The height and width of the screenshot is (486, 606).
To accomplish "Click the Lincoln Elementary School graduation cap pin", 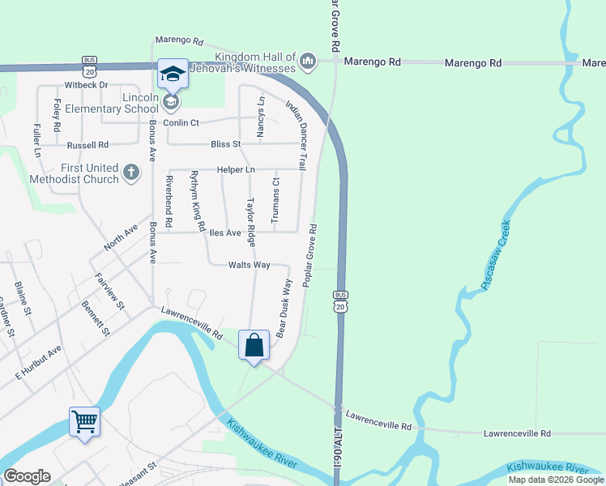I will click(x=172, y=75).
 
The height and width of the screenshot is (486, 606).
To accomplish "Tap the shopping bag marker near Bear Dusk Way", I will click(x=254, y=345).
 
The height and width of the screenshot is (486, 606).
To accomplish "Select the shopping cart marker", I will click(x=84, y=421).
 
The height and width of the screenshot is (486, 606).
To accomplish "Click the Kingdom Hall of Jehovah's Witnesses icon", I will click(x=308, y=62).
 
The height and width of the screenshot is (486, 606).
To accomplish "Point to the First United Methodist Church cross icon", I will click(x=131, y=173).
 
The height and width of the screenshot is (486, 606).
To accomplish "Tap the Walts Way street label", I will click(x=249, y=265).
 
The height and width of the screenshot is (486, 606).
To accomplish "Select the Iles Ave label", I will click(x=225, y=233).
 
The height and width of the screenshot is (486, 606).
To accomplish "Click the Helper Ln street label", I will click(x=236, y=169).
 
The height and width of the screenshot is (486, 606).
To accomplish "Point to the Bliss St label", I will click(x=226, y=144).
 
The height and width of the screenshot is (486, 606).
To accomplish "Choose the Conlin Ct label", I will click(x=181, y=122).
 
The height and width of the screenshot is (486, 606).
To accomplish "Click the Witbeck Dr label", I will click(x=87, y=85).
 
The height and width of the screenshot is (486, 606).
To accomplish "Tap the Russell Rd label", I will click(x=87, y=146).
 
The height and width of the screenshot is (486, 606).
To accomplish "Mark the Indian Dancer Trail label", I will click(x=296, y=135).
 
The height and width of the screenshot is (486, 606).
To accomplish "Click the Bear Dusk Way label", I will click(x=284, y=309).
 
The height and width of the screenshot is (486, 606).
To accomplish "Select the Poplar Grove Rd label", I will click(x=309, y=255).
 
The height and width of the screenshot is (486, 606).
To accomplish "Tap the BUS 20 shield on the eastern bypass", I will click(x=340, y=300).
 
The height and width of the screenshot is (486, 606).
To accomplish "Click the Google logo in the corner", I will click(x=27, y=475).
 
